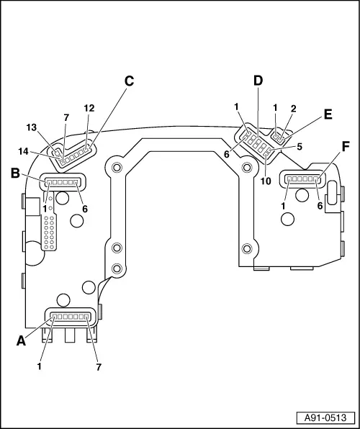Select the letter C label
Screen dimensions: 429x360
point(129,81)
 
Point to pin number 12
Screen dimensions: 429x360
point(89,108)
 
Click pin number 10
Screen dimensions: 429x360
point(266,181)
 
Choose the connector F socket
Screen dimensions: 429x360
point(303,177)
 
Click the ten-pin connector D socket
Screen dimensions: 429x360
point(256,142)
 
